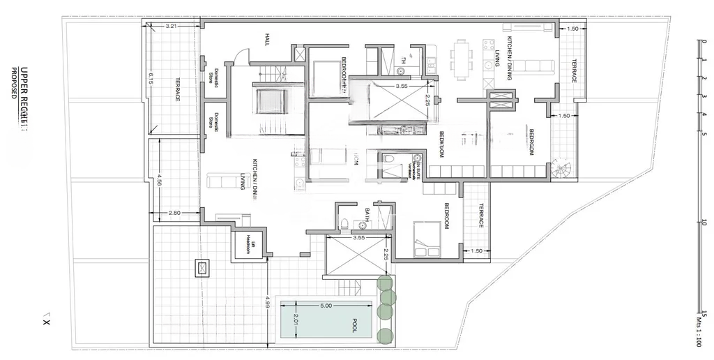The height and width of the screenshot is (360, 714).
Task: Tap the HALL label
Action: point(266,38)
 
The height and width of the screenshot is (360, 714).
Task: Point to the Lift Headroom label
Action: point(248,244)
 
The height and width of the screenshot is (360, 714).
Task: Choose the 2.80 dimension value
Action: point(174,212)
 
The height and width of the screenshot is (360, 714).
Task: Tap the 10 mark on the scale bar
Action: point(705,223)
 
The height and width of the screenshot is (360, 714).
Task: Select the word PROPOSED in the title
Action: point(13,82)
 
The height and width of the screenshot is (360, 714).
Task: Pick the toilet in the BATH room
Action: point(344,223)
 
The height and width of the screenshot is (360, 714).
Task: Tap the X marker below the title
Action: point(47,322)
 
